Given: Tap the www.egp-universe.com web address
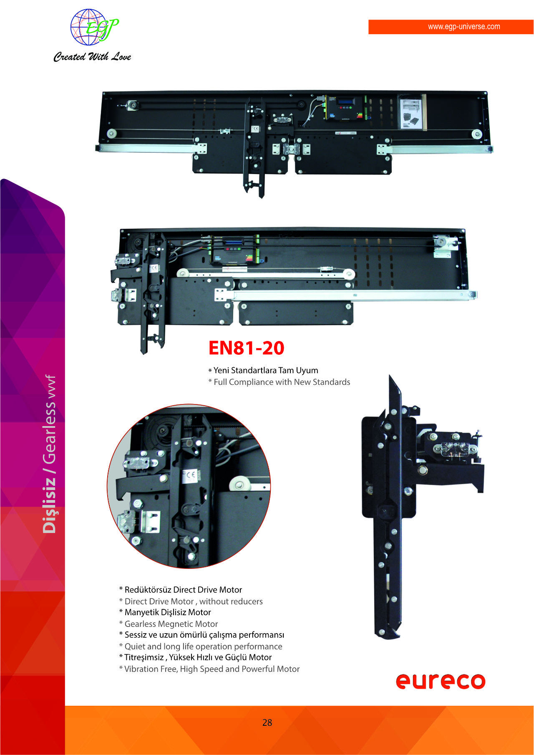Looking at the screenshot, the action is click(464, 27).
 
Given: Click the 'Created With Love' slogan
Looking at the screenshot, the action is click(92, 57).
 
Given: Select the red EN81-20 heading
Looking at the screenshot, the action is click(246, 348).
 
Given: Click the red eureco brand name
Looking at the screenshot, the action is click(441, 681).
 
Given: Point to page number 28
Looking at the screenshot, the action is click(267, 722).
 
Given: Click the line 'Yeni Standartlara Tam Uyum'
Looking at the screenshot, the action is click(266, 370).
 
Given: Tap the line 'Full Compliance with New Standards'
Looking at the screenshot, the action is click(282, 382).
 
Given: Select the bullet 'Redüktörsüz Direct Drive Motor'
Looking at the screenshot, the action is click(183, 590).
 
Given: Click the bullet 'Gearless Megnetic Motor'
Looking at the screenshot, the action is click(171, 624).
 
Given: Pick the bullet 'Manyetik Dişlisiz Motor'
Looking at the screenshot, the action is click(168, 612).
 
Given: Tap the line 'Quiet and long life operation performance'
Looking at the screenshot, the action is click(203, 646).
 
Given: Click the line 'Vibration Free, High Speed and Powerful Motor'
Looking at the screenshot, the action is click(212, 669).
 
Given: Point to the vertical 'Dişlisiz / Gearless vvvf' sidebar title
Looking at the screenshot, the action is click(49, 454).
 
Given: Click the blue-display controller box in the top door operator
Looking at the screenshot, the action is click(344, 109).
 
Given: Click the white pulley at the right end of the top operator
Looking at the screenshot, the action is click(476, 134).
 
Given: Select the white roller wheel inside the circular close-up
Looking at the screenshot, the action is click(239, 485).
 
